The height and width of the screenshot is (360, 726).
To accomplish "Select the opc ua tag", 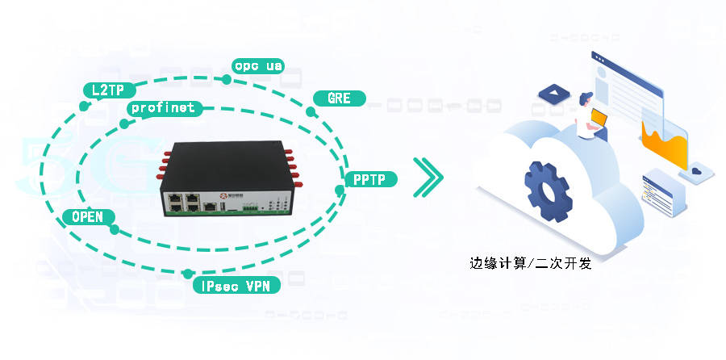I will coord(257,65).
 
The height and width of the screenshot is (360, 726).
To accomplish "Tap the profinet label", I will coord(161,107).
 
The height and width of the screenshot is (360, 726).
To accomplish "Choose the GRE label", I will coord(339,99).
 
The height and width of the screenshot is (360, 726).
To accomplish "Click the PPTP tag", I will coord(370,180).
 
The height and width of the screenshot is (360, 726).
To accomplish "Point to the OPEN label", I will coord(87,217).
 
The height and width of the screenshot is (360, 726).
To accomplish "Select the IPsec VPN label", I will coord(236,285).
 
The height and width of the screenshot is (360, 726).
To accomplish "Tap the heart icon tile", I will coord(696,171).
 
